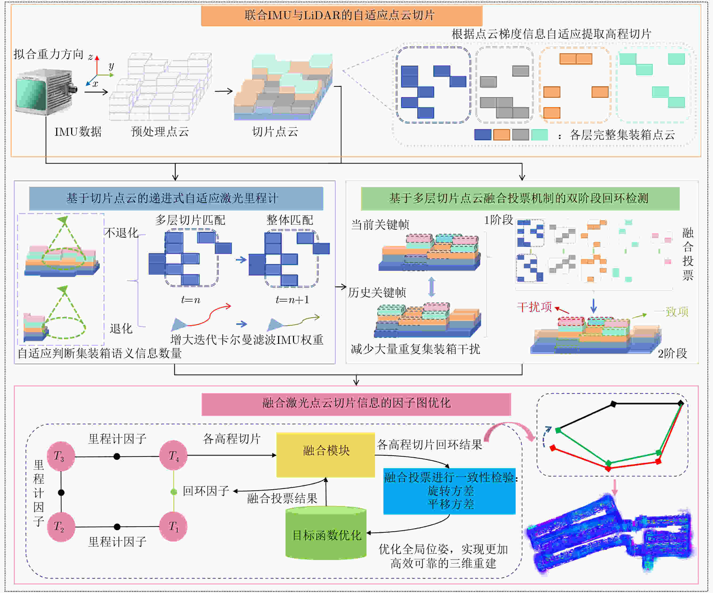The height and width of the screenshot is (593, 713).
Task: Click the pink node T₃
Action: [x=61, y=456]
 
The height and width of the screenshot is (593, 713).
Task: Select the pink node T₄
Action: [x=173, y=455]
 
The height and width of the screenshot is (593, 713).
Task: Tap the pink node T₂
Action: [x=61, y=526]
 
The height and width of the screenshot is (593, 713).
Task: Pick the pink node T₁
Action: [x=173, y=526]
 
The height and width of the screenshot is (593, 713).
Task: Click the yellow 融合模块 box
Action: [x=325, y=455]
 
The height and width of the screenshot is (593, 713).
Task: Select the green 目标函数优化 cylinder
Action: [x=326, y=533]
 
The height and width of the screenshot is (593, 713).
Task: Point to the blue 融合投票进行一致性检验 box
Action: [x=449, y=491]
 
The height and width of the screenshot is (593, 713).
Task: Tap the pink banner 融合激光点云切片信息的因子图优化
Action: [x=356, y=404]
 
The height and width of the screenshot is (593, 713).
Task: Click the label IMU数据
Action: [x=78, y=132]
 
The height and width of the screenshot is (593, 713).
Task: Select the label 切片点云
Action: [x=275, y=132]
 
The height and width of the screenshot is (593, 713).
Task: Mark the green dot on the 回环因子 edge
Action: [x=174, y=492]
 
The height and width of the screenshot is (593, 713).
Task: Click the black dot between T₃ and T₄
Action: [x=117, y=456]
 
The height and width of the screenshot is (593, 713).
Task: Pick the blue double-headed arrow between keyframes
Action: [x=431, y=287]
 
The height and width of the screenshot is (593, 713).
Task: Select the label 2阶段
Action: [x=672, y=353]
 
